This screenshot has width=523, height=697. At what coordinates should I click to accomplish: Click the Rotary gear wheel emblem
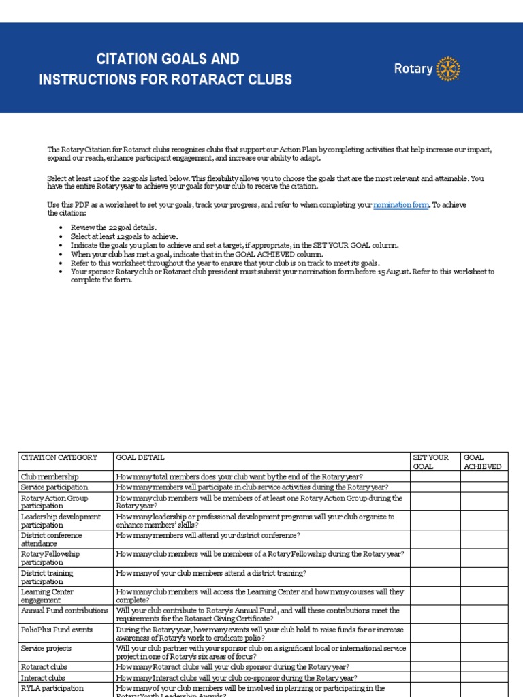click(447, 69)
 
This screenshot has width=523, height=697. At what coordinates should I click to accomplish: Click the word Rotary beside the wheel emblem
click(413, 69)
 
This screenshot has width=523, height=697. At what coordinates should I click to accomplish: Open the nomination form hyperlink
click(400, 205)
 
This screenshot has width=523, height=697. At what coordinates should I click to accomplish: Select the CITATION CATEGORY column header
click(59, 458)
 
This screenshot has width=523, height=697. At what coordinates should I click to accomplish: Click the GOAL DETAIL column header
click(140, 458)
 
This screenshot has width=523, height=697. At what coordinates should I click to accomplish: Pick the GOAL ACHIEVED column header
click(483, 462)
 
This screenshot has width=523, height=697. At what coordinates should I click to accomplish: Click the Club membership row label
click(50, 477)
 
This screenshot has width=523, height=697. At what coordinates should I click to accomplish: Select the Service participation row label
click(54, 487)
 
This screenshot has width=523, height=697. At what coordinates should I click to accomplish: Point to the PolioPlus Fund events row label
click(59, 630)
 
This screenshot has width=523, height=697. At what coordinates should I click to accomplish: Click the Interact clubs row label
click(44, 678)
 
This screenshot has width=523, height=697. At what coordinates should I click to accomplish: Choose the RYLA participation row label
click(52, 688)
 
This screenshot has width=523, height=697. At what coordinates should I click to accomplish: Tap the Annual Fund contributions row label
click(65, 611)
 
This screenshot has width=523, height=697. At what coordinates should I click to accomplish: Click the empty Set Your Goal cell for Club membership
click(434, 477)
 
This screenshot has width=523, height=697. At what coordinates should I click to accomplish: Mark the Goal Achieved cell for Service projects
click(484, 653)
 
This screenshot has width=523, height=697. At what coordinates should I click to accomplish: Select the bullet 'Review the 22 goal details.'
click(114, 227)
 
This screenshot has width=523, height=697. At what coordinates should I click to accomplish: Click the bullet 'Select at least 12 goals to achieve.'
click(125, 236)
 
